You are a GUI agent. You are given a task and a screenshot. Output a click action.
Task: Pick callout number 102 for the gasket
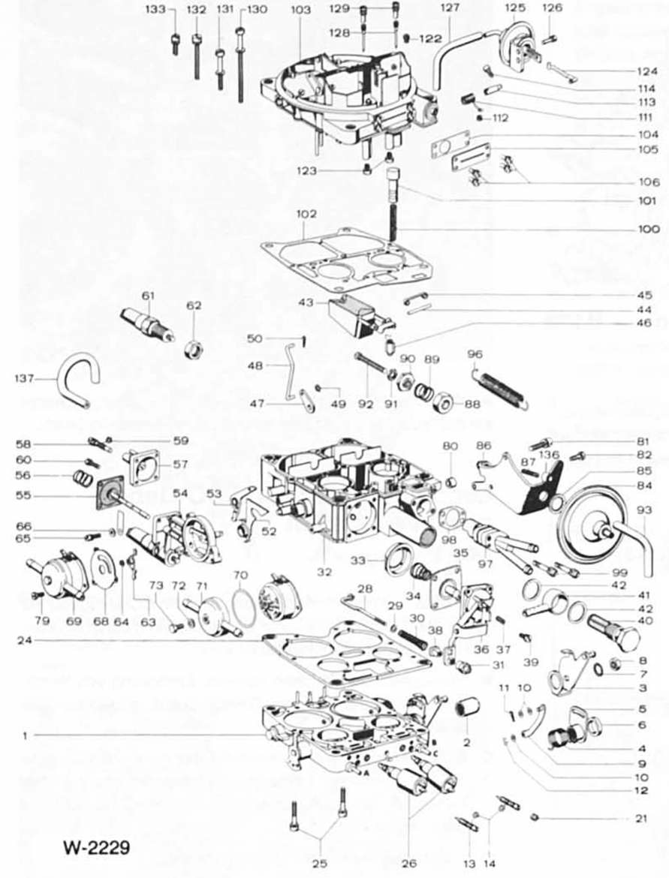click(x=306, y=214)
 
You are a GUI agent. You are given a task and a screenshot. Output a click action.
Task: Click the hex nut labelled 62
click(x=194, y=348)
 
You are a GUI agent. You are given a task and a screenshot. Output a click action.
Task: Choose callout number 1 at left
click(x=25, y=736)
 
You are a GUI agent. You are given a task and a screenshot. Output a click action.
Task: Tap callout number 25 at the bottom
click(x=319, y=864)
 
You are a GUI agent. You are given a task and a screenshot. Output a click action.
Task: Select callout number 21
click(x=640, y=818)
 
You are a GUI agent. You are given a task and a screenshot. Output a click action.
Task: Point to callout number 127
click(x=449, y=11)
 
